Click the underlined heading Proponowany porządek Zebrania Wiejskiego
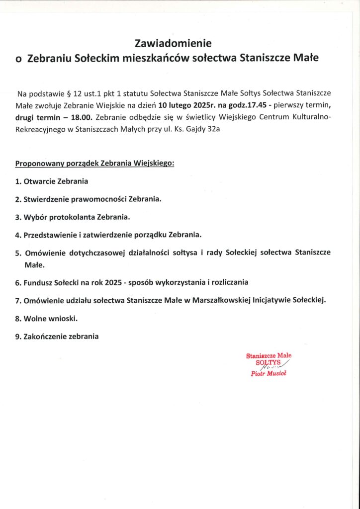(95, 163)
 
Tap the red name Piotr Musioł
(269, 373)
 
